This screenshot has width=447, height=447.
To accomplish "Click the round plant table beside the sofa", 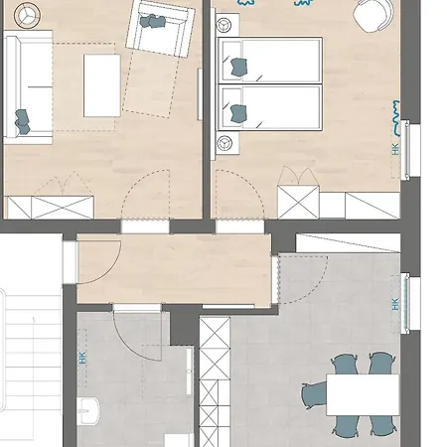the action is point(28,15).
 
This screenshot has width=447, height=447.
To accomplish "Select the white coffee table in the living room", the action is point(102,85).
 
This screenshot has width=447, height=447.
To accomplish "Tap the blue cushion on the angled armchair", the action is point(152,21).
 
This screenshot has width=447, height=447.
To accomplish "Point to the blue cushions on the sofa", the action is point(23,122).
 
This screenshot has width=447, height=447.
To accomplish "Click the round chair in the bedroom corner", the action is point(373,15).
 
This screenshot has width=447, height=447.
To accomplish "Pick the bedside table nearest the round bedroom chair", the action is point(227,24).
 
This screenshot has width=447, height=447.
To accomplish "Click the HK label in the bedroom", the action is point(395,149).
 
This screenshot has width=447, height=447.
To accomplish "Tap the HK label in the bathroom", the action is point(82,358).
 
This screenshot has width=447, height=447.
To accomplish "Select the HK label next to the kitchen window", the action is point(395,304).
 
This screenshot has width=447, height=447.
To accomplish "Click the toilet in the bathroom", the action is point(88,411).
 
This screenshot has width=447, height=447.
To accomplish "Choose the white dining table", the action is point(363,394).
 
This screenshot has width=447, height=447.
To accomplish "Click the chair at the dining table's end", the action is point(315,395).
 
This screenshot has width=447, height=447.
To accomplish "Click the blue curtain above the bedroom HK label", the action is point(395,118).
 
